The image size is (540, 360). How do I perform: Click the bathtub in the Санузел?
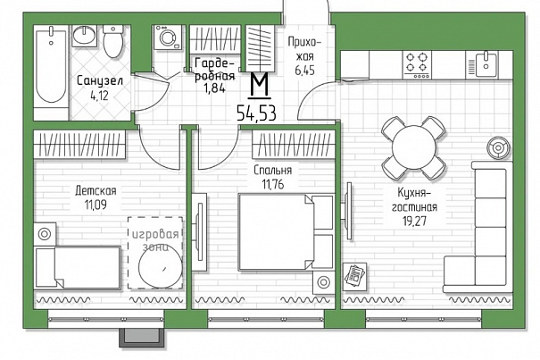[51, 65]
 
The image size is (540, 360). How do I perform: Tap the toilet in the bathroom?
[113, 41]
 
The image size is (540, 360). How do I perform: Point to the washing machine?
[168, 38]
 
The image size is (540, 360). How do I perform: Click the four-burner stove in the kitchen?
[417, 65]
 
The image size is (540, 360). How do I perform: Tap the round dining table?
[413, 147]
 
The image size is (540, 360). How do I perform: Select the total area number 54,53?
[256, 113]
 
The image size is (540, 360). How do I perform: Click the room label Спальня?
[273, 171]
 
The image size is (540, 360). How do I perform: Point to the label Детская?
[96, 190]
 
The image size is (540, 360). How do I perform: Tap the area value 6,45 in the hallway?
[304, 71]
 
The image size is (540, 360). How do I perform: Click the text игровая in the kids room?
[155, 234]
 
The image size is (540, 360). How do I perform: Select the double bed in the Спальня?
[285, 232]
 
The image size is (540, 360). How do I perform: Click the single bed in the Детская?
[79, 267]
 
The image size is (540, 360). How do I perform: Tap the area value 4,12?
[99, 96]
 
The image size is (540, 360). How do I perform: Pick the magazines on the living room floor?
[355, 275]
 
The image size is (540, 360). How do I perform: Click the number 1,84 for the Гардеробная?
[214, 88]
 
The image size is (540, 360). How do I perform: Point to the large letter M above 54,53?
[260, 85]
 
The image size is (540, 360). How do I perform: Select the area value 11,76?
[273, 185]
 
